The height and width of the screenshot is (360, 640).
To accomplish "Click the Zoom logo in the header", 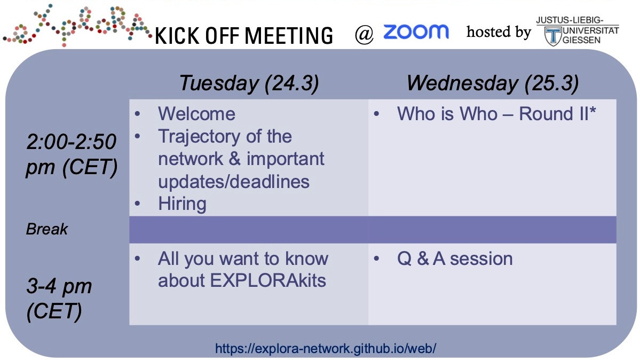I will pyautogui.click(x=416, y=32).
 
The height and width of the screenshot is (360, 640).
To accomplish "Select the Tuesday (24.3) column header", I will pyautogui.click(x=249, y=83).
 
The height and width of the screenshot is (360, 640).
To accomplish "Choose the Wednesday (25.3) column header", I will pyautogui.click(x=492, y=83).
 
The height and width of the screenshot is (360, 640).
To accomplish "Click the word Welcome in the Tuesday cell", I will pyautogui.click(x=196, y=114).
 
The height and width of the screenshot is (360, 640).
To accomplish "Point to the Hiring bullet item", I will pyautogui.click(x=182, y=204).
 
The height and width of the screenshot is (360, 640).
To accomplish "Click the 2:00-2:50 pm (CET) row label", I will pyautogui.click(x=72, y=155).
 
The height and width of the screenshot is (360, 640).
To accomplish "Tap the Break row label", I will pyautogui.click(x=47, y=230).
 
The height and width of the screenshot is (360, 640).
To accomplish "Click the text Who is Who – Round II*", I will pyautogui.click(x=496, y=114).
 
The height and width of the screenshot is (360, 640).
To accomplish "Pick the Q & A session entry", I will pyautogui.click(x=455, y=259).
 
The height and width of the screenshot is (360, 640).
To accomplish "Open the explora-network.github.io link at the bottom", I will pyautogui.click(x=326, y=349).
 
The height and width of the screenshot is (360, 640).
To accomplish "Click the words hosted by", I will pyautogui.click(x=499, y=32).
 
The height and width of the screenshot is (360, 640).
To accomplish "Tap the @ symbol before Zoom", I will pyautogui.click(x=365, y=35).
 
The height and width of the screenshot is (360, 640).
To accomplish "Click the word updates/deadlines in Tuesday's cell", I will pyautogui.click(x=234, y=182).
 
